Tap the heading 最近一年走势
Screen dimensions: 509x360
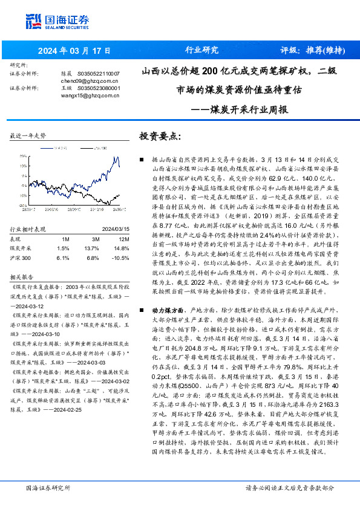point(28,136)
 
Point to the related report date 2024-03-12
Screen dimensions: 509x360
point(27,306)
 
